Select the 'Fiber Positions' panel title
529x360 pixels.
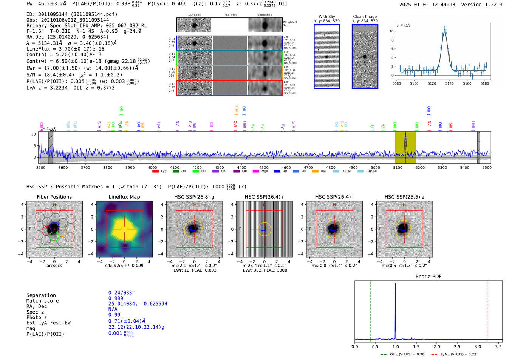pos(54,197)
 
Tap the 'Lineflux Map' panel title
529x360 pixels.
pos(124,197)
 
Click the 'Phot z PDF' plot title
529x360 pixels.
pos(428,277)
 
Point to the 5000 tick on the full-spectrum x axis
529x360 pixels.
pos(375,168)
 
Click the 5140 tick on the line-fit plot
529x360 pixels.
pos(449,83)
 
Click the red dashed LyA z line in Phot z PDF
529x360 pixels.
pos(487,310)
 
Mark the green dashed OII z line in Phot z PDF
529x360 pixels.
pos(370,310)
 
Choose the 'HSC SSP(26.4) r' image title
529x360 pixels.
pos(264,197)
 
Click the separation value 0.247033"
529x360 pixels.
pos(122,293)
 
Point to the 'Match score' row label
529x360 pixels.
pos(42,301)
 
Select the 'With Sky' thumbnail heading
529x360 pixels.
pos(327,17)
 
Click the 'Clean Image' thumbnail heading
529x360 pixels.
pos(365,17)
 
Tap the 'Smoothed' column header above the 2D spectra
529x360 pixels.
pos(265,15)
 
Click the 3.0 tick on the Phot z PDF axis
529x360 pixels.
pos(478,346)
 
